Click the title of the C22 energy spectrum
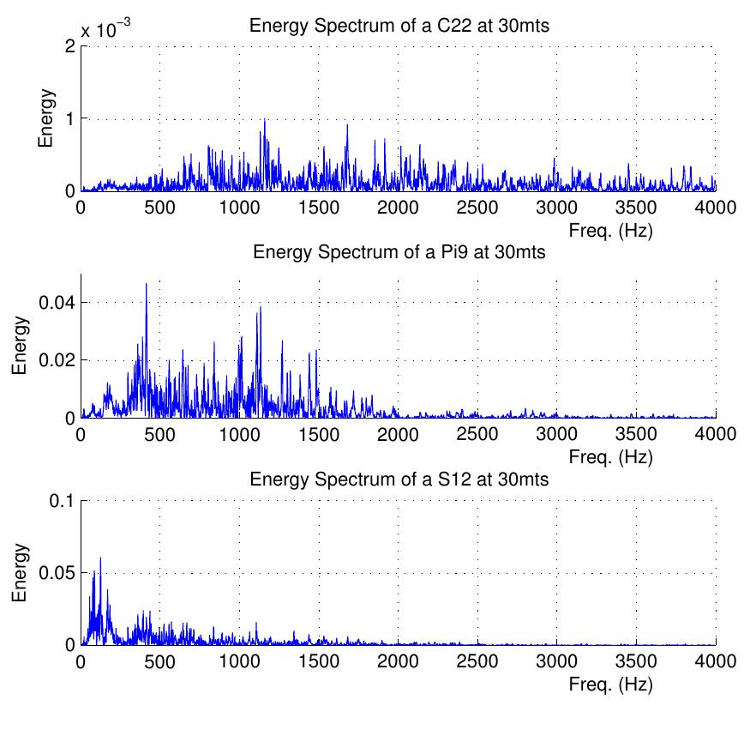click(399, 27)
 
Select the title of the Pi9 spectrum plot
click(399, 253)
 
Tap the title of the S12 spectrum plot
click(399, 480)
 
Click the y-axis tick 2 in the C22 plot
click(69, 46)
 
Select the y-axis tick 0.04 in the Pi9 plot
click(58, 303)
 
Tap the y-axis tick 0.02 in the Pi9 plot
click(58, 360)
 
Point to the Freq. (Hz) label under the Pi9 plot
click(610, 457)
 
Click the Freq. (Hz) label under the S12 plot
click(610, 685)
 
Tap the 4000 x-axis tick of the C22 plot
click(715, 207)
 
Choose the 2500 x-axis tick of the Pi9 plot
click(477, 434)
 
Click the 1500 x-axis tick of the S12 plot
click(319, 661)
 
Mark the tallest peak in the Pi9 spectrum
click(146, 284)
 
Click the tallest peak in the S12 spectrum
click(100, 558)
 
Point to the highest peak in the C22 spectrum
click(264, 119)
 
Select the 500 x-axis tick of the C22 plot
click(160, 207)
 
